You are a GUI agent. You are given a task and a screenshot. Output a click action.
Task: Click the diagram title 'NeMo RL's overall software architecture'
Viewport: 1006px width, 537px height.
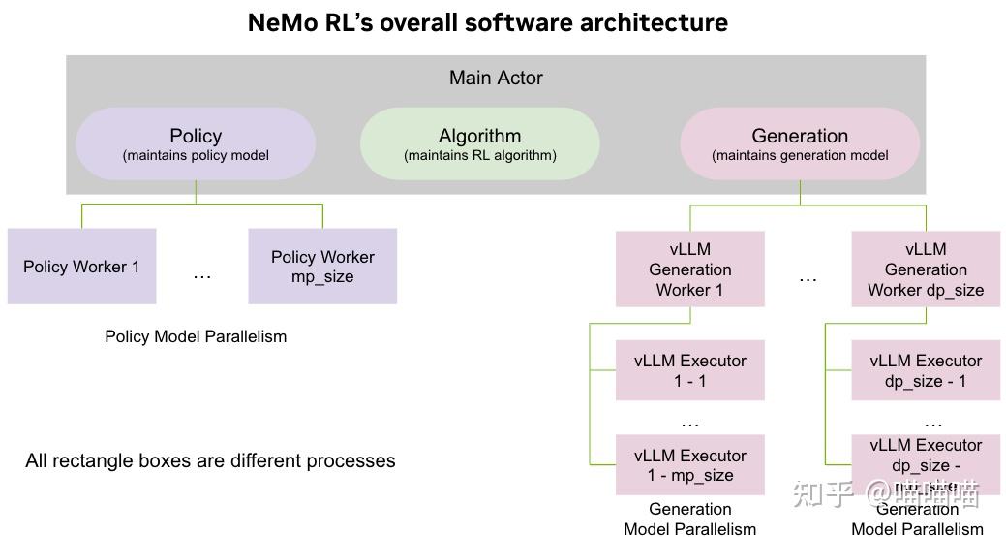(487, 22)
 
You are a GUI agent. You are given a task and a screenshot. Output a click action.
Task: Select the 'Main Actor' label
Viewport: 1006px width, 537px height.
(496, 78)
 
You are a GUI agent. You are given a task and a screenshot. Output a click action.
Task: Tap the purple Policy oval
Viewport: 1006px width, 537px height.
(196, 143)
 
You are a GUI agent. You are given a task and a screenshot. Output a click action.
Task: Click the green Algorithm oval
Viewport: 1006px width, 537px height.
(479, 143)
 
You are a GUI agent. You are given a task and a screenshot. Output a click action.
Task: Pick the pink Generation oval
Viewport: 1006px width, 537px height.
(800, 143)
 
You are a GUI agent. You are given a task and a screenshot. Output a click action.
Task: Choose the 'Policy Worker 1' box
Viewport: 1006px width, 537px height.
(81, 267)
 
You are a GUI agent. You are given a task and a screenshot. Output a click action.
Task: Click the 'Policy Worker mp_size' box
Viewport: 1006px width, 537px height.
(322, 267)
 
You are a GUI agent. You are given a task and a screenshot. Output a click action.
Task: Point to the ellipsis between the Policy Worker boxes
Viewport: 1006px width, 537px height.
(201, 276)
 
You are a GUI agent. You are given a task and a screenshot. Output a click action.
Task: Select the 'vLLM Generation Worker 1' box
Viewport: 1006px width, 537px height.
(690, 269)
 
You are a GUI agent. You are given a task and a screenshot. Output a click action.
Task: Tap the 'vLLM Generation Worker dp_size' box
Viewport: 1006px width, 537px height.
(926, 269)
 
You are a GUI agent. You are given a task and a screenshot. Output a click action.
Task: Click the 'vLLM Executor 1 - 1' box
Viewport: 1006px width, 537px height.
(690, 370)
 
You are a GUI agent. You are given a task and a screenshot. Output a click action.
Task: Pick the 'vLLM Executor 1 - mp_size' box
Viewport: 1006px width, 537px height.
(690, 465)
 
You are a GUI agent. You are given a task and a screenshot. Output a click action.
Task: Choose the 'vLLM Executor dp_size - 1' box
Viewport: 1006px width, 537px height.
(926, 370)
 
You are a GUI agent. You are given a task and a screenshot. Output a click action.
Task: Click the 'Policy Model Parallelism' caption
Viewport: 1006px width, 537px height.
(196, 336)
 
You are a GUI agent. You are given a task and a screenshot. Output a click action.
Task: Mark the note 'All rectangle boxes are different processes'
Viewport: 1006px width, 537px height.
(210, 460)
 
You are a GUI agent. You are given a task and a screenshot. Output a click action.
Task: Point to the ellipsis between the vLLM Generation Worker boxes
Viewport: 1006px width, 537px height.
(808, 279)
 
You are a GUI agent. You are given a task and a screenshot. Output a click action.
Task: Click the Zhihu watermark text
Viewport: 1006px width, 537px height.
(886, 493)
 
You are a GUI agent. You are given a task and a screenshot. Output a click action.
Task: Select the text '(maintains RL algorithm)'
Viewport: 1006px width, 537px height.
(479, 155)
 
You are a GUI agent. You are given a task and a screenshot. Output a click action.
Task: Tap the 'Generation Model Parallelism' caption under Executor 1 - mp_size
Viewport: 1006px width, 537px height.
(690, 519)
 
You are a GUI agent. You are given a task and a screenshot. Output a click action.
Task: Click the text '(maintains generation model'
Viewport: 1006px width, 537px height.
(800, 155)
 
